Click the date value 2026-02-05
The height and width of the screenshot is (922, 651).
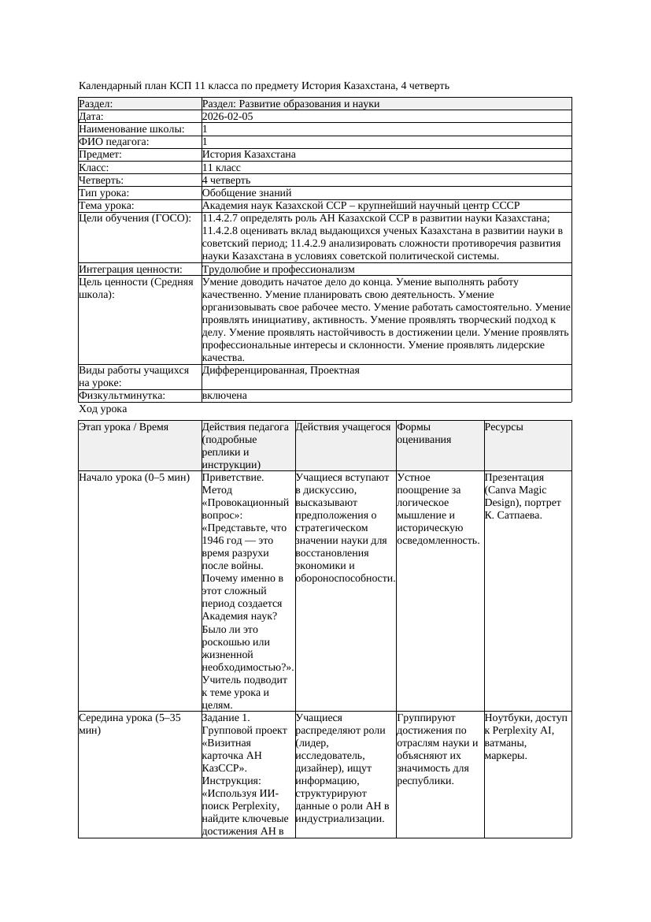click(x=227, y=117)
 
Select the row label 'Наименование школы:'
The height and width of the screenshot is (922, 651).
click(x=132, y=129)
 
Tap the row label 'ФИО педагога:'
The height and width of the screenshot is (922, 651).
click(x=114, y=142)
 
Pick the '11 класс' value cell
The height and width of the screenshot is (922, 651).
click(x=221, y=168)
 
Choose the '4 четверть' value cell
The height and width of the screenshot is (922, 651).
click(x=226, y=180)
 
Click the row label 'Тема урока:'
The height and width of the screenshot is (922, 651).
click(x=107, y=206)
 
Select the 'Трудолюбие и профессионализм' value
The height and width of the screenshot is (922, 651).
click(x=278, y=270)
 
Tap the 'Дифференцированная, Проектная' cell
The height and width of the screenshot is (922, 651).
click(x=280, y=370)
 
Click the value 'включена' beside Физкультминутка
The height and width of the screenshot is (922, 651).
click(x=224, y=396)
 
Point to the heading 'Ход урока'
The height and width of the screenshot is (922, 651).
click(x=103, y=409)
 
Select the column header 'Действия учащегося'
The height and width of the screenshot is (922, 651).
click(x=343, y=427)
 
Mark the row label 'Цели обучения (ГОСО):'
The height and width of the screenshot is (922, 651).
click(x=135, y=218)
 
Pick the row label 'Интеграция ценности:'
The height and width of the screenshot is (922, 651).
click(x=130, y=270)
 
